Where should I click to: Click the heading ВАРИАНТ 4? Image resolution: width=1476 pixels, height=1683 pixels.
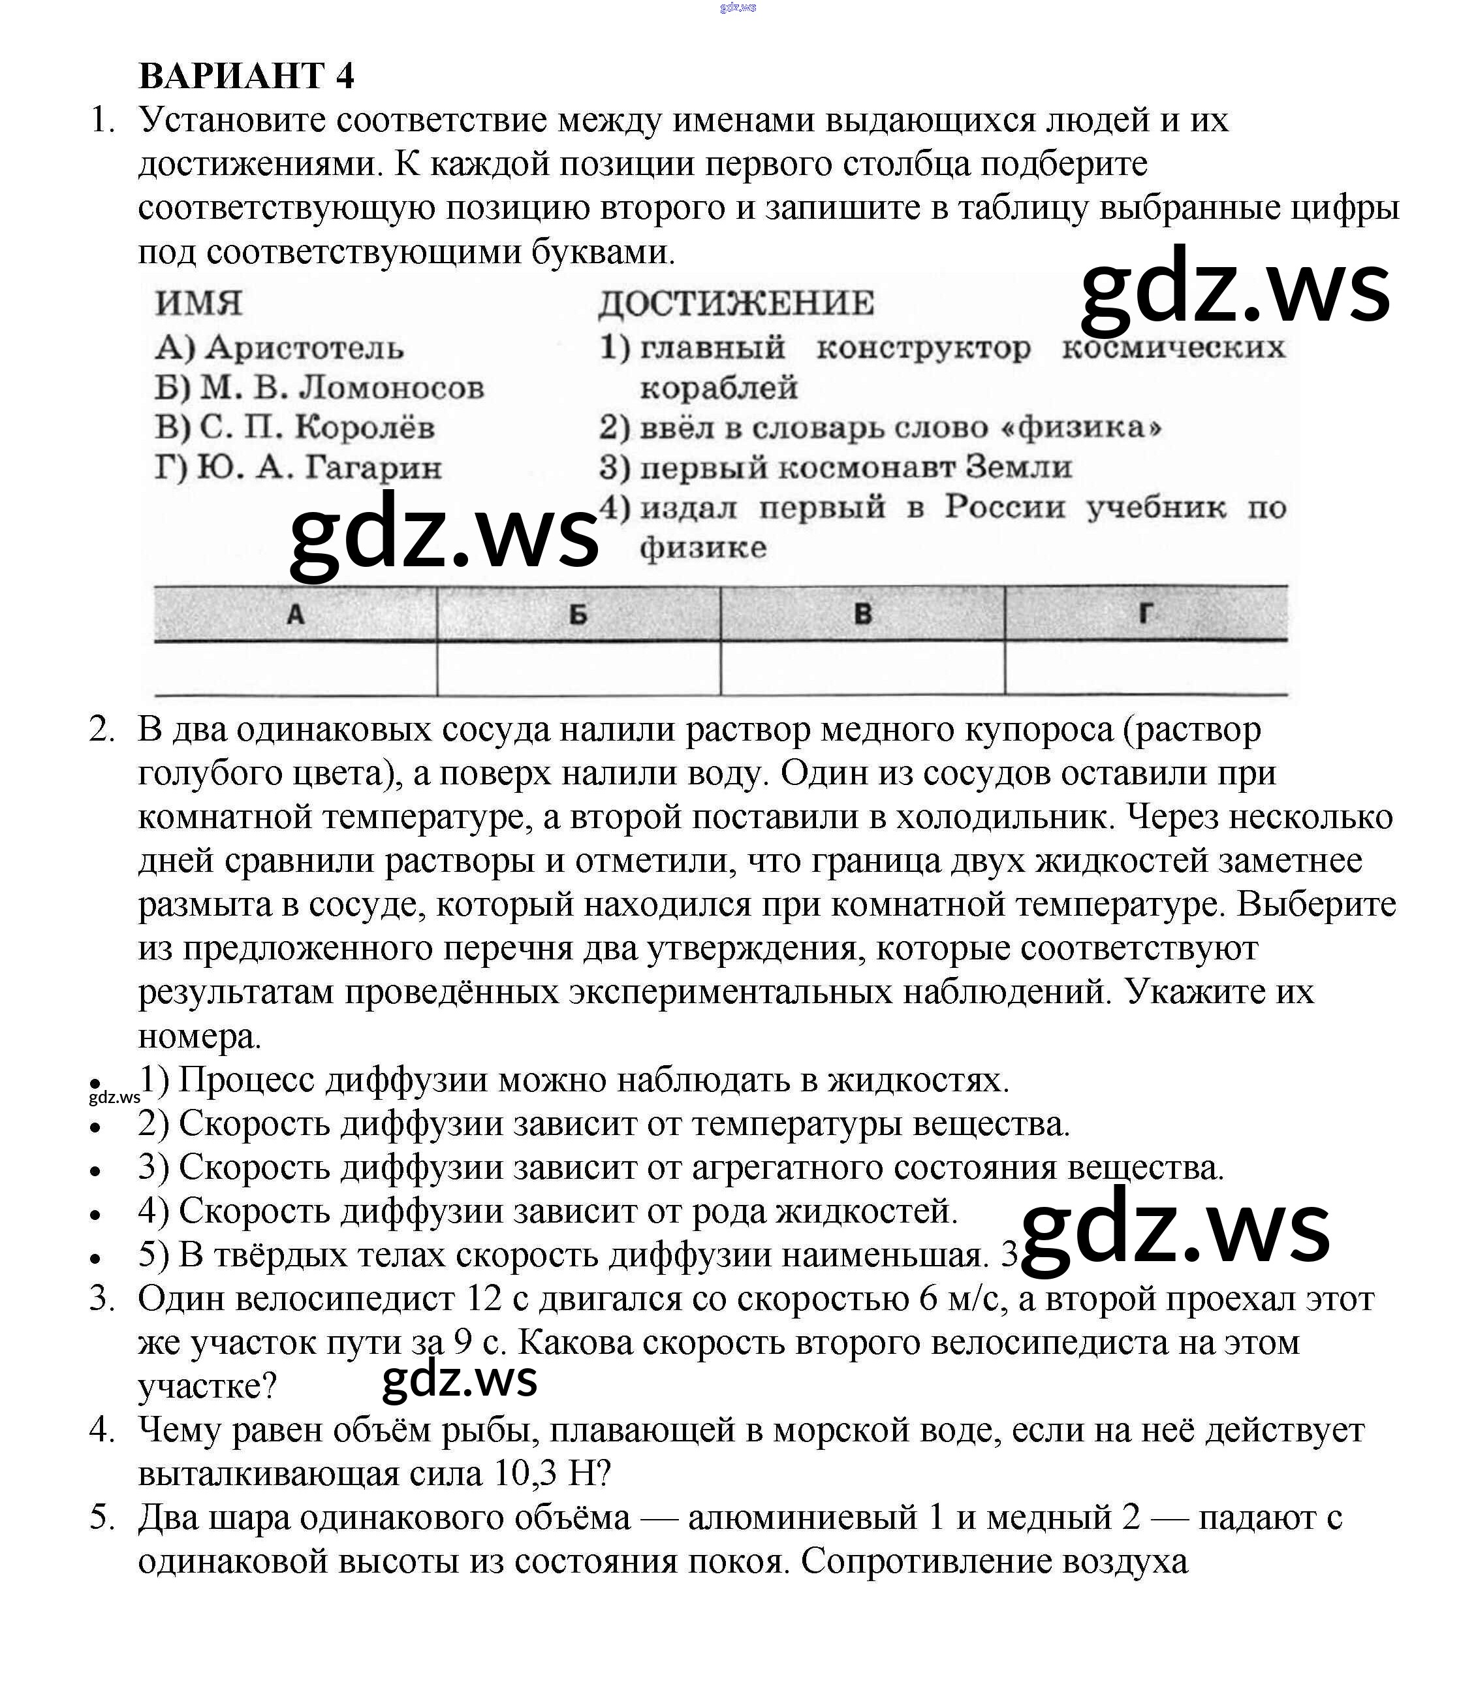coord(246,76)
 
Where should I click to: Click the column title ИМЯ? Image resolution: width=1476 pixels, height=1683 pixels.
coord(198,303)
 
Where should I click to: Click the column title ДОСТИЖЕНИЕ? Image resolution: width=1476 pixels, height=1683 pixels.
coord(736,303)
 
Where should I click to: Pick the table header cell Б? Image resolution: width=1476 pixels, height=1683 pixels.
coord(578,613)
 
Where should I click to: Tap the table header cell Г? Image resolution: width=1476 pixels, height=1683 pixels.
coord(1145,613)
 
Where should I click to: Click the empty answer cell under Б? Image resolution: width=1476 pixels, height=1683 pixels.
coord(578,667)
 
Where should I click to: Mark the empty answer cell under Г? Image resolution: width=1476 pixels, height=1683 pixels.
coord(1145,667)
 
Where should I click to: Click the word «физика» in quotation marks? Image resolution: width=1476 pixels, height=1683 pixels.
coord(1080,427)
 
